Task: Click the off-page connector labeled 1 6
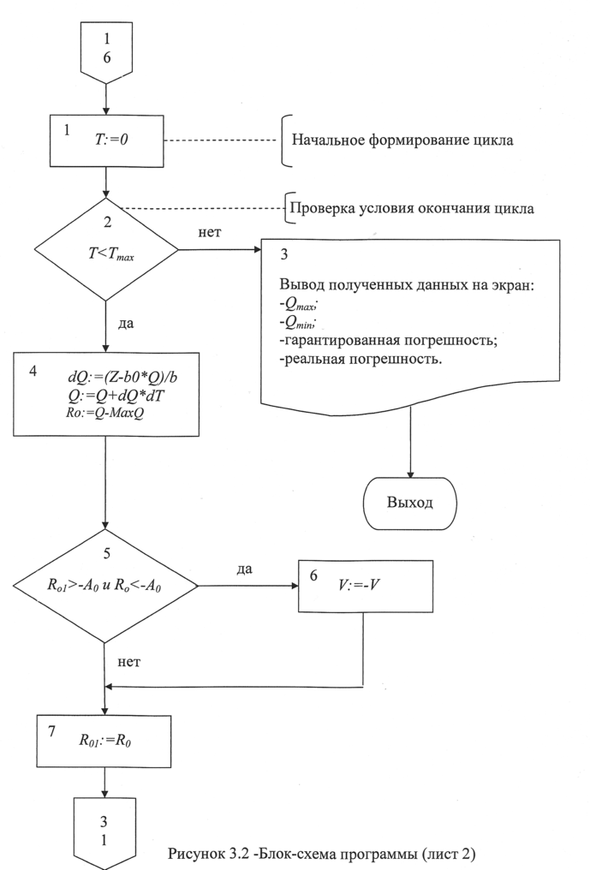tap(105, 51)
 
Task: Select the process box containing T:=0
tap(105, 141)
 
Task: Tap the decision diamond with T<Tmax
tap(105, 248)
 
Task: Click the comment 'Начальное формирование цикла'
tap(403, 140)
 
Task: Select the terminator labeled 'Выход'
tap(411, 500)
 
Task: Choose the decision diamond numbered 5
tap(105, 586)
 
